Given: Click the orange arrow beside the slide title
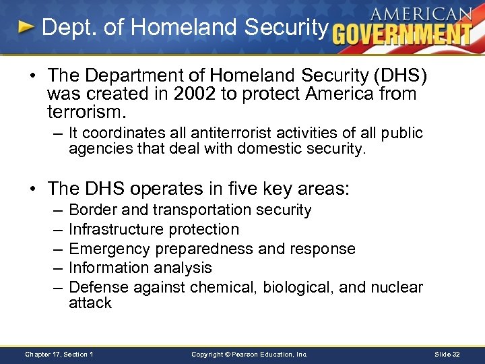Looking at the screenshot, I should pyautogui.click(x=26, y=28).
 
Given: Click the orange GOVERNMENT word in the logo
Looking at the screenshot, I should pyautogui.click(x=402, y=34).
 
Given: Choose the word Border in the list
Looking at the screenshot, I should pyautogui.click(x=93, y=210).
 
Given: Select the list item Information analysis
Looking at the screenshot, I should pyautogui.click(x=140, y=268).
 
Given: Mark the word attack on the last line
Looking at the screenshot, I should pyautogui.click(x=90, y=303).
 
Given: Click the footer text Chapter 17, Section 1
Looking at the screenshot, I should pyautogui.click(x=59, y=354).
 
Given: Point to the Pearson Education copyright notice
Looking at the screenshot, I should pyautogui.click(x=249, y=354).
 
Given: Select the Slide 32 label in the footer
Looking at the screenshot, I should pyautogui.click(x=447, y=354).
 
